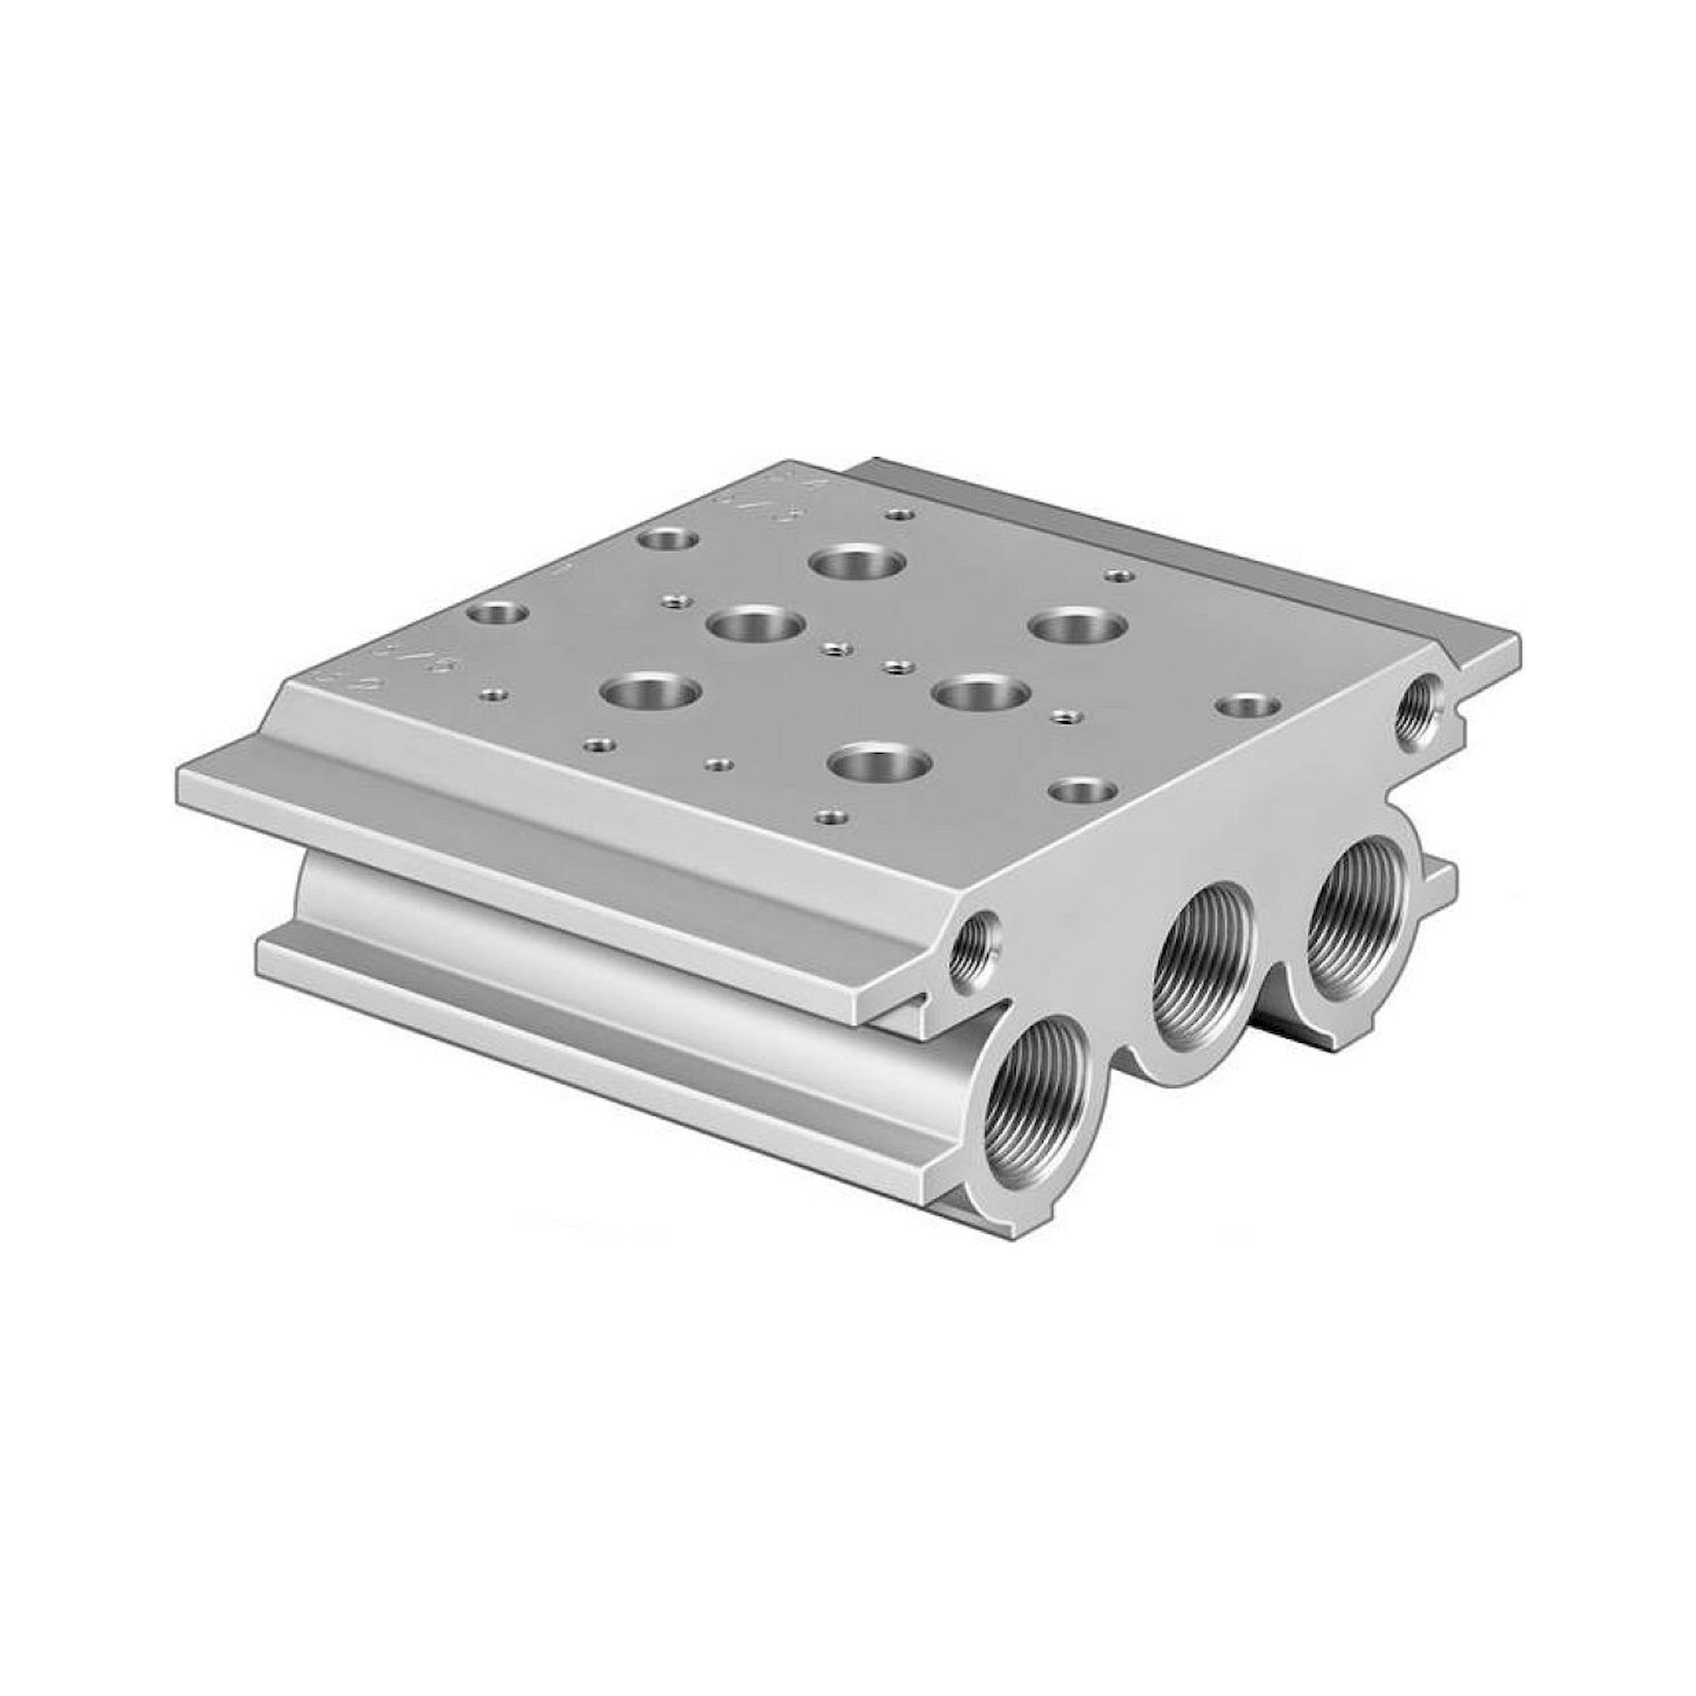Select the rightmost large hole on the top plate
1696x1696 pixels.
[1078, 627]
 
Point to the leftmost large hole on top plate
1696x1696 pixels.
[651, 692]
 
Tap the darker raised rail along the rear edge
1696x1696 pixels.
[1186, 544]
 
